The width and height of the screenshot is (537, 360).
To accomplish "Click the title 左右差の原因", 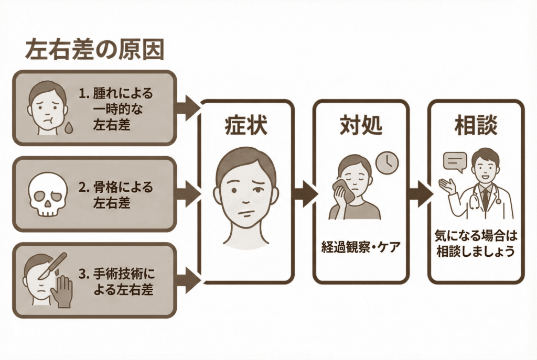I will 94,51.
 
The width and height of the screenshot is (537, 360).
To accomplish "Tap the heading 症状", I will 245,126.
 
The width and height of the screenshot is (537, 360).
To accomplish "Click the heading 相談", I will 476,126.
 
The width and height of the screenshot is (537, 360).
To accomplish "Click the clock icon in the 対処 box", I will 387,162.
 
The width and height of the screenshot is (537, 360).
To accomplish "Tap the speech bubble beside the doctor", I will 455,161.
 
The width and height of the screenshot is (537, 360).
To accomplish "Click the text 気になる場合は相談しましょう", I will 476,244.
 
